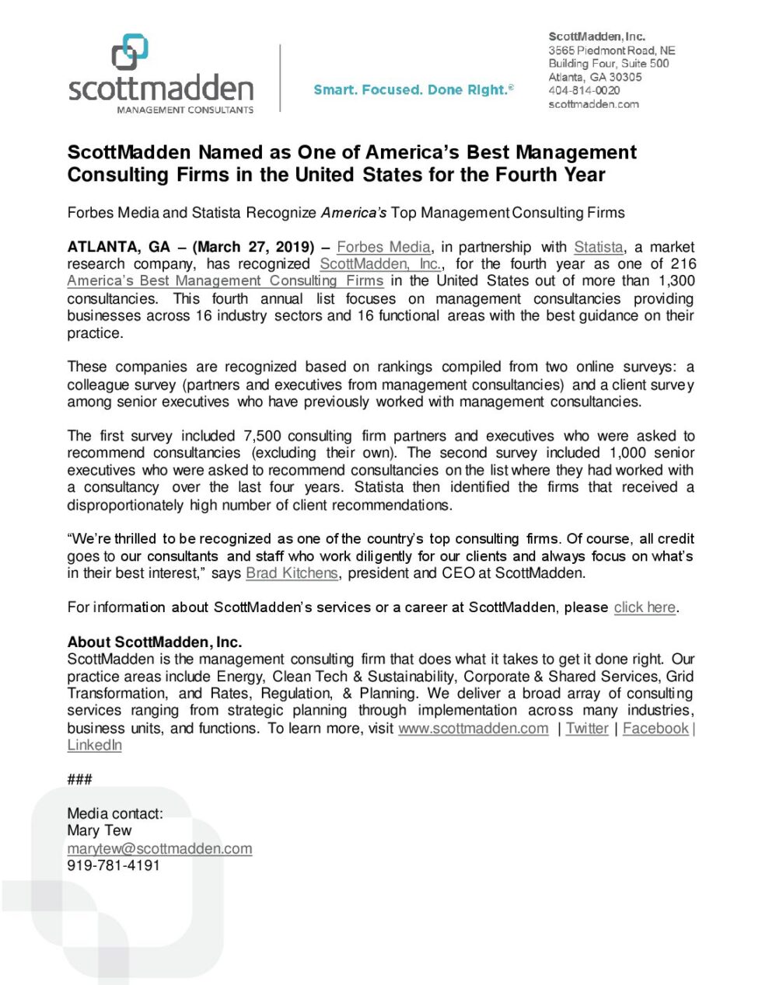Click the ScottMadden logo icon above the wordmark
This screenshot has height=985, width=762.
(130, 52)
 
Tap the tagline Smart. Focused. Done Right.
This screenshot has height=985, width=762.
(413, 90)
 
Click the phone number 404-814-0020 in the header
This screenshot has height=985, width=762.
(584, 91)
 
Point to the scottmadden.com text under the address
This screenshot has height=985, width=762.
(593, 104)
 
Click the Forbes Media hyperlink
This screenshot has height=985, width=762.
(383, 247)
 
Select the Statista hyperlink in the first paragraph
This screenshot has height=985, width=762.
(598, 247)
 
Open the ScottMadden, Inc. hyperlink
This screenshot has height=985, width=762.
(380, 264)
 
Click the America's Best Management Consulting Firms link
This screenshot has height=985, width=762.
(225, 281)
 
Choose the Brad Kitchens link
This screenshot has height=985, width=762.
(292, 573)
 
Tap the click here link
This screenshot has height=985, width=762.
(645, 607)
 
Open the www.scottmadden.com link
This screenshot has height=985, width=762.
(473, 729)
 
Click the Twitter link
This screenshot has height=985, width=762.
(587, 729)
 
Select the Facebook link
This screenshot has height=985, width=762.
(655, 729)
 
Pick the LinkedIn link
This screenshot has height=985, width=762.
(94, 746)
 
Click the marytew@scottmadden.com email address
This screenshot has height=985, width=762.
(159, 849)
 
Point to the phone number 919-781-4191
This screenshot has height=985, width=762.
(114, 865)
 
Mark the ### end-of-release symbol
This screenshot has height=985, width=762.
(79, 779)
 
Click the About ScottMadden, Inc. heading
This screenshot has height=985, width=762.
(154, 642)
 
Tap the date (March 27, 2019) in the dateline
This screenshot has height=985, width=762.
(253, 247)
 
